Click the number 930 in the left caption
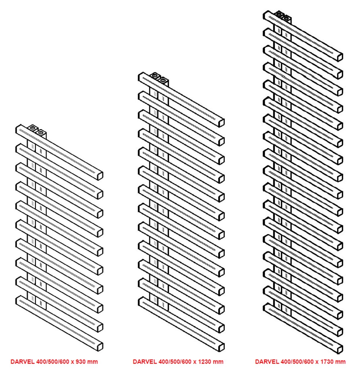(x=80, y=361)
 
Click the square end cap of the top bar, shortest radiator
(x=100, y=176)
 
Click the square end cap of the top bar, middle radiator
(x=222, y=123)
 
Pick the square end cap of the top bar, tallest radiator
(x=340, y=57)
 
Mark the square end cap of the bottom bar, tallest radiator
(x=340, y=349)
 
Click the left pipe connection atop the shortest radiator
(x=33, y=128)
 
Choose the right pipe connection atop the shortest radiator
(x=41, y=132)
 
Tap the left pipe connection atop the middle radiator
(x=154, y=76)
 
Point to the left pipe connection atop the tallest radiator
(x=279, y=14)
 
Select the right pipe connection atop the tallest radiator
(x=286, y=18)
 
